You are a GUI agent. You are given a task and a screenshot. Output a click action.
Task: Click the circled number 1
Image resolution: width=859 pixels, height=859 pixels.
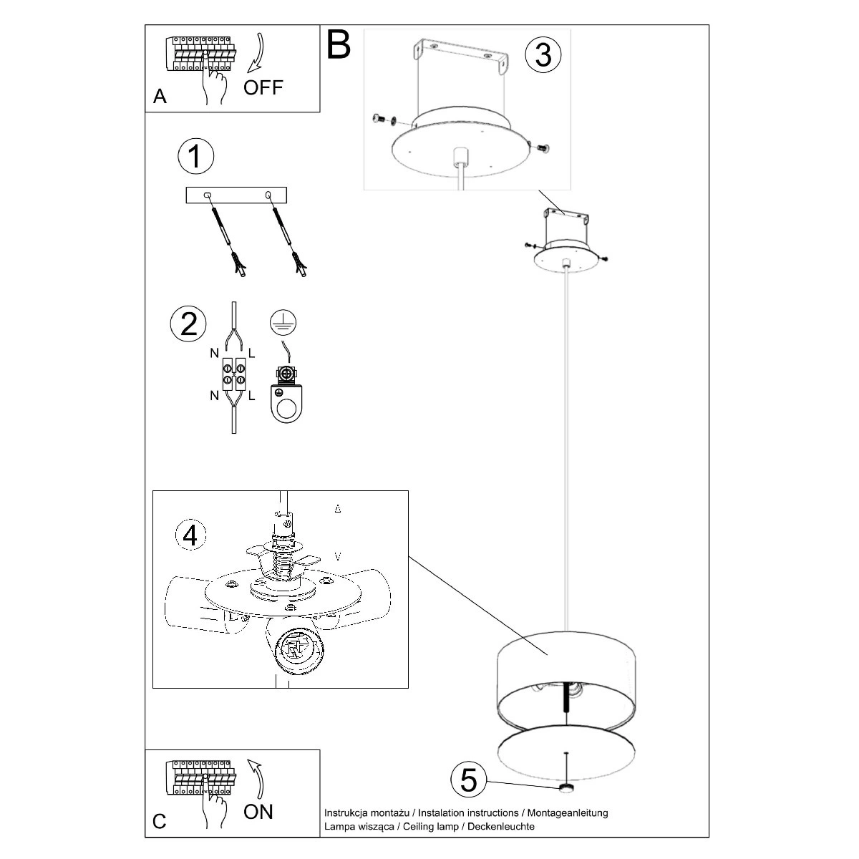click(x=195, y=157)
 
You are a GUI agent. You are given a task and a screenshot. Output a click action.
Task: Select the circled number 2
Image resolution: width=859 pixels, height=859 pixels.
click(x=188, y=324)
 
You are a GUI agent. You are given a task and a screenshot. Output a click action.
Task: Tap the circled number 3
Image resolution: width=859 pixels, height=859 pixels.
click(x=543, y=54)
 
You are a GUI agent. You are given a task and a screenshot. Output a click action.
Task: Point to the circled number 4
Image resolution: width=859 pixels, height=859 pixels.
click(x=190, y=534)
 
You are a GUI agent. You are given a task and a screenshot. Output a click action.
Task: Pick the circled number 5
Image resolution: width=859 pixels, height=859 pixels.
click(x=469, y=780)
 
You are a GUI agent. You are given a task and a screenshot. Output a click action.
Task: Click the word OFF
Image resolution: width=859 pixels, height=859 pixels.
click(x=263, y=88)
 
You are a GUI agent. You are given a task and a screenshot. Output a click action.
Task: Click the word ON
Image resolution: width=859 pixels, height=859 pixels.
click(x=258, y=811)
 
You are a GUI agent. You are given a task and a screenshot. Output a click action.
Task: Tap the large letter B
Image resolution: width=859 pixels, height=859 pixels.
click(x=339, y=44)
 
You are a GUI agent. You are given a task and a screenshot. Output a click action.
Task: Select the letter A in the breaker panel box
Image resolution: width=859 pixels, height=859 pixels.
click(x=160, y=97)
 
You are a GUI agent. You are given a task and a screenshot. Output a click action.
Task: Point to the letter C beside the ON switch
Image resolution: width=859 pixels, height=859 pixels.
click(x=159, y=821)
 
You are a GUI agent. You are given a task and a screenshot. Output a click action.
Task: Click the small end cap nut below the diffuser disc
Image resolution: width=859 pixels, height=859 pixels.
click(x=567, y=788)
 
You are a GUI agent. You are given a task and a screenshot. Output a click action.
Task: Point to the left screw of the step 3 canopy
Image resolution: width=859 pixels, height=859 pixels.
click(x=379, y=119)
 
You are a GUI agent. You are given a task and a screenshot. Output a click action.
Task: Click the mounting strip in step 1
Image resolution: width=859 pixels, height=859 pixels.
click(x=236, y=195)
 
